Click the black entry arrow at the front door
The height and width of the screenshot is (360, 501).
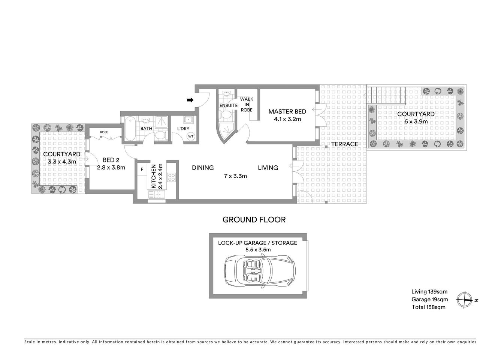coord(190,100)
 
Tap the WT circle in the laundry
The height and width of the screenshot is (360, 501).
coord(191,136)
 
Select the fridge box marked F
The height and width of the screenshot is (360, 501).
coord(142,169)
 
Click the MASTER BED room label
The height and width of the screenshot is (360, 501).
coord(287,111)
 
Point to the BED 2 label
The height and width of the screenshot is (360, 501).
coord(111,160)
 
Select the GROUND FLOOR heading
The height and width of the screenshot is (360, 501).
coord(254,220)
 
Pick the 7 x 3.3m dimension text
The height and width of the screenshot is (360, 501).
coord(235,176)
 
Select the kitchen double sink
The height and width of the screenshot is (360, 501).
coord(157,194)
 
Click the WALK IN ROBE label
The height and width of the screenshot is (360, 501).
coord(247,105)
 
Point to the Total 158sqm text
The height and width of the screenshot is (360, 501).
coord(428,307)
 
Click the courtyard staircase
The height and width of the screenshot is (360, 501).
coord(386,95)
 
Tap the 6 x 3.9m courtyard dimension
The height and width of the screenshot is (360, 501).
coord(416,121)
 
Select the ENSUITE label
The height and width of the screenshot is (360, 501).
coord(229,105)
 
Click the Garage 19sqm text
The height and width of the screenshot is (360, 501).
coord(429,300)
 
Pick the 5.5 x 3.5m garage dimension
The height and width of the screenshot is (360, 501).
coord(257,250)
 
